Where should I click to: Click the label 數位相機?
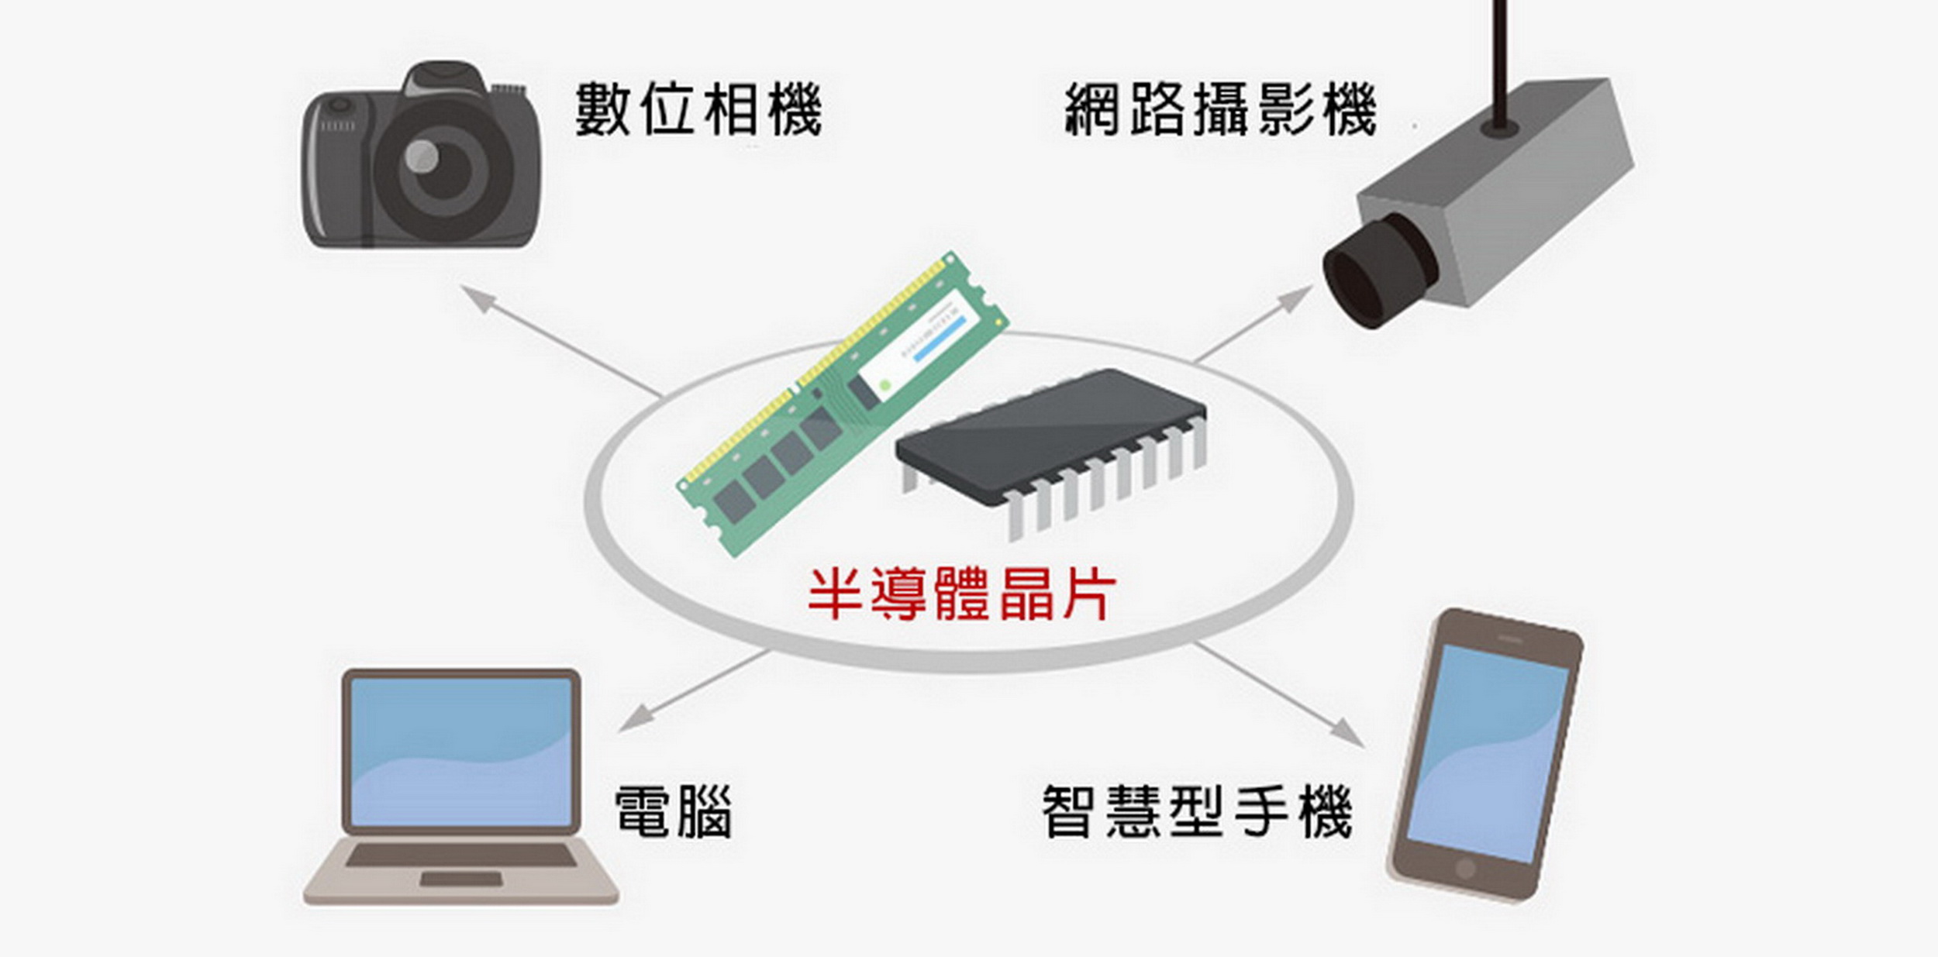point(698,109)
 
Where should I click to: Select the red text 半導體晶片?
point(962,594)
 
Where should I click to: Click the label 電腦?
point(673,812)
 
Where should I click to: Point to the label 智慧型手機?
point(1197,812)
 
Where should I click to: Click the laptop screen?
point(461,752)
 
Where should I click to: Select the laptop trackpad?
point(460,880)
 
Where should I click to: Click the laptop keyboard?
point(461,855)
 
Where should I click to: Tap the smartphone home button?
point(1464,868)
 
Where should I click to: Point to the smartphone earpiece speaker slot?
point(1509,639)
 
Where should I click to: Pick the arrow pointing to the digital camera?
point(563,341)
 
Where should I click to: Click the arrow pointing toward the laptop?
point(695,690)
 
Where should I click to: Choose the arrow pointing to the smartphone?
point(1279,694)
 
